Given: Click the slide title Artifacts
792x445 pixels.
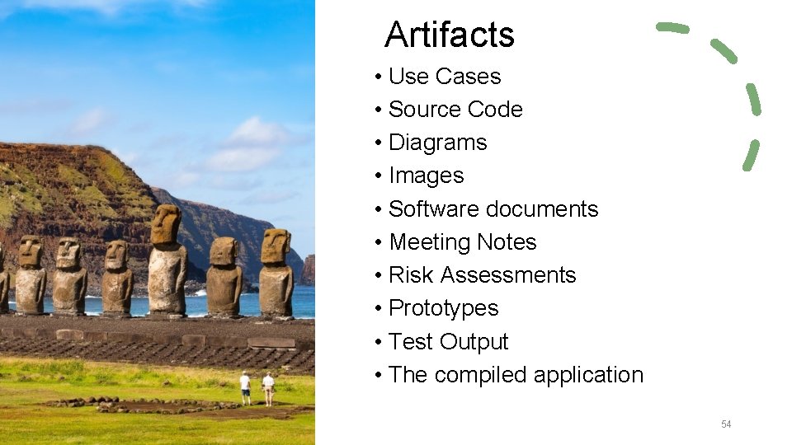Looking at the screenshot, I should (449, 35).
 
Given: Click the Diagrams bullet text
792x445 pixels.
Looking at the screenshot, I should (437, 143).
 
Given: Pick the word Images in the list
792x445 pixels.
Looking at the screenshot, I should (426, 176).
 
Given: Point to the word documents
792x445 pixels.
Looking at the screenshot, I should (541, 209).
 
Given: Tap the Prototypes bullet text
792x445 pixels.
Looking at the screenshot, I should (443, 308).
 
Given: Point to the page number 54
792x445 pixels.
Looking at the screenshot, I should (726, 424).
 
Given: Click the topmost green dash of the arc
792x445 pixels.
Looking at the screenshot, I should (672, 28).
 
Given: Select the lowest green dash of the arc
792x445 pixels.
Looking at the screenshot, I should (751, 155).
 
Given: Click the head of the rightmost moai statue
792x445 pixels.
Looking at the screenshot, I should (276, 246).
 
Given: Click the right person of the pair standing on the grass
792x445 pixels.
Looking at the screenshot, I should (268, 386).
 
